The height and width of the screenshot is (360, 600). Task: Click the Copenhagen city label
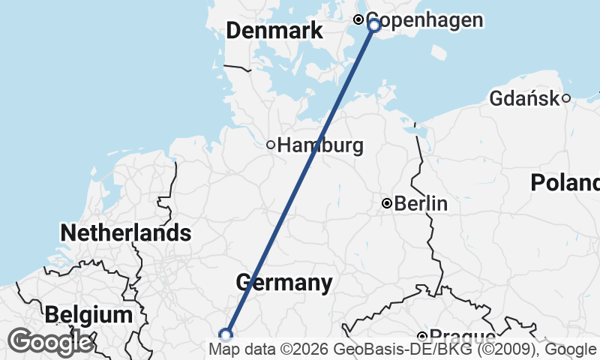[424, 20]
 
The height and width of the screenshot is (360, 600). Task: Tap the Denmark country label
[274, 31]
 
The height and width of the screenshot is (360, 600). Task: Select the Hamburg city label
[320, 145]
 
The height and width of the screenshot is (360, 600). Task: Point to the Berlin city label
[421, 203]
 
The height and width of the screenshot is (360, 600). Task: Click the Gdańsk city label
[524, 98]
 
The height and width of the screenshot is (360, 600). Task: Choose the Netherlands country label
[125, 232]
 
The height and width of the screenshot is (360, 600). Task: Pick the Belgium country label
[88, 315]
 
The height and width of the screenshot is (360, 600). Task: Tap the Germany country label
[284, 283]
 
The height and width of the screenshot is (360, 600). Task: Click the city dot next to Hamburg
[271, 145]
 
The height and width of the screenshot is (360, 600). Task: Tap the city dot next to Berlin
[387, 203]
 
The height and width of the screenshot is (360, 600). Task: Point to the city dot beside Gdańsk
[566, 97]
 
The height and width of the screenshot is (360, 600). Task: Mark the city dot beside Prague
[423, 337]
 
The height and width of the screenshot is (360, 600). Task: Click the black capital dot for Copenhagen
[358, 19]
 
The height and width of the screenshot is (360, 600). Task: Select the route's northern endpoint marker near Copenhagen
[374, 25]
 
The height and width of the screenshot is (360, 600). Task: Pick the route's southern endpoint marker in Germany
[225, 334]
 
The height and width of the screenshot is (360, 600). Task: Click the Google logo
[50, 342]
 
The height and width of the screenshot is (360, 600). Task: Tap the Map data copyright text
[401, 349]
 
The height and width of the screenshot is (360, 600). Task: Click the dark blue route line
[300, 180]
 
